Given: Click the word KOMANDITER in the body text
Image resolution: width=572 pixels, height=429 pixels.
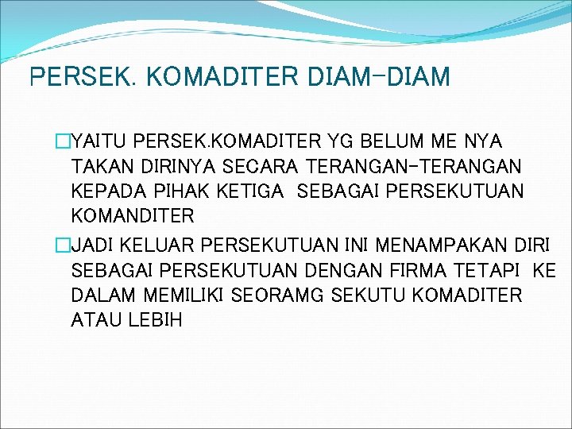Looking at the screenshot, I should [x=133, y=216].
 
